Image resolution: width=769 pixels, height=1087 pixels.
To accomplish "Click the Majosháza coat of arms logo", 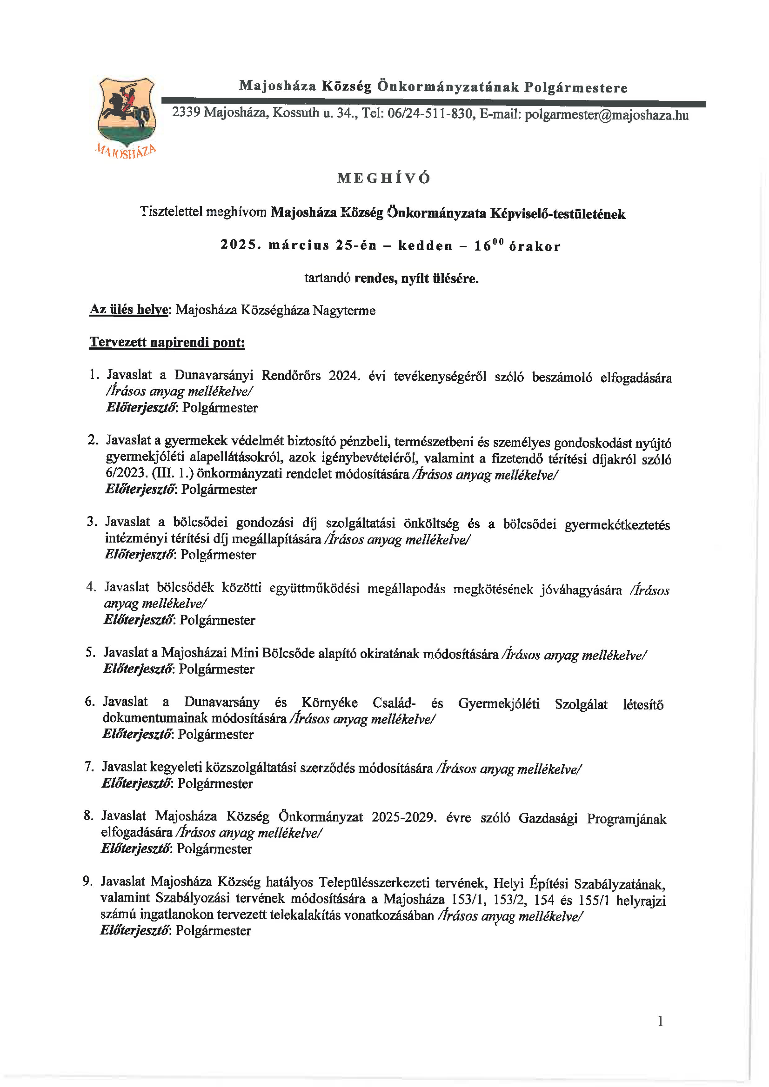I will coord(126,114).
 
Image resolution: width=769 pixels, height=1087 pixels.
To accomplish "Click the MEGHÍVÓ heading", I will coord(384,179).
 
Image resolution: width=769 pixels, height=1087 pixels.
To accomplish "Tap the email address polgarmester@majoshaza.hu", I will coord(607,115).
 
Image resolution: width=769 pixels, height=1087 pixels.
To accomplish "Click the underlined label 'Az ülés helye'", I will coord(129,310).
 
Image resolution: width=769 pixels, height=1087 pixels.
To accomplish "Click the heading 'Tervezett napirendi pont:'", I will coord(167,342).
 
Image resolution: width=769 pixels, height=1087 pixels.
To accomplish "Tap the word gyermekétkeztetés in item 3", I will coord(617,525).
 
